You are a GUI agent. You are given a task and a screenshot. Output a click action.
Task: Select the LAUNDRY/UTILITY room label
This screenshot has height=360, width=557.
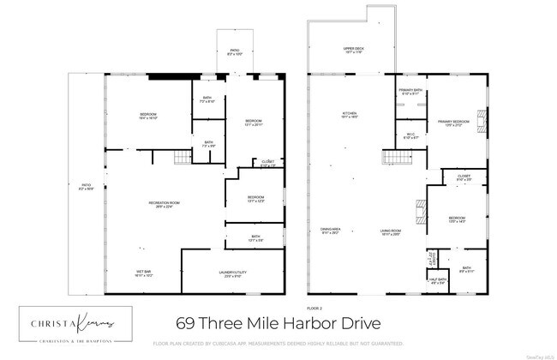[x=231, y=274]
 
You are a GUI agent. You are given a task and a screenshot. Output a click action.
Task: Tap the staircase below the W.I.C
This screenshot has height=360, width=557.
[x=393, y=159]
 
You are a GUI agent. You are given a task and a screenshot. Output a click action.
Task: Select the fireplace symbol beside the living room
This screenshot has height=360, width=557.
[x=421, y=211]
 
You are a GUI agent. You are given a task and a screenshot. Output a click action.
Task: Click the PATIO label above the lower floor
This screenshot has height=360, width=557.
[x=233, y=51]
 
